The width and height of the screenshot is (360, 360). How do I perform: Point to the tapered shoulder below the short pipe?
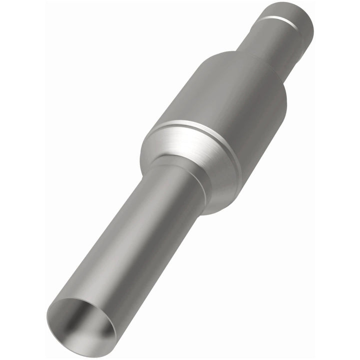click(250, 60)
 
